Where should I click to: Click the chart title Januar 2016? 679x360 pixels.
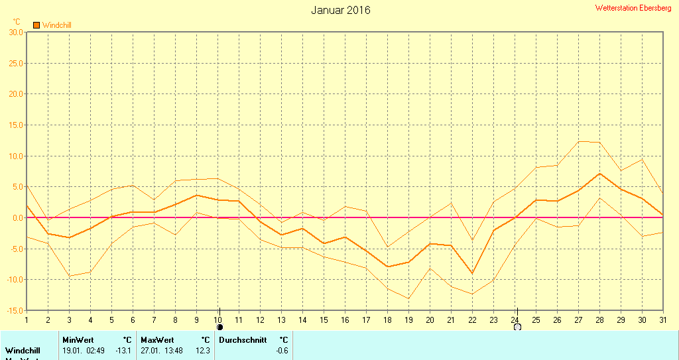coord(341,10)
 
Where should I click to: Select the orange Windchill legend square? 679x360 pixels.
coord(36,25)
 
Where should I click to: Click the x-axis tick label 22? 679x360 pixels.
coord(472,320)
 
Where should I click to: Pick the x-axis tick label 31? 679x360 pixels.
coord(663,320)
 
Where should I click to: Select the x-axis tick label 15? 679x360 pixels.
coord(324,320)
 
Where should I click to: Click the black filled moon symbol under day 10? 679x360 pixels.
coord(219,326)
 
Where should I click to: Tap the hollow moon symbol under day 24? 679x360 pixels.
coord(517,326)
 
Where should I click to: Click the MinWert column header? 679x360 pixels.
coord(78,340)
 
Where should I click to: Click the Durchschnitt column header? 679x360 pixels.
coord(243,340)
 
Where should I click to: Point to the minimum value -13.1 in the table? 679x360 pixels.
coord(123,350)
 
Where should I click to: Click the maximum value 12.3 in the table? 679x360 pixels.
coord(202,350)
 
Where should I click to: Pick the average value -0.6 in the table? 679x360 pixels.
coord(282,350)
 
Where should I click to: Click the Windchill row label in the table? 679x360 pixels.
coord(23,350)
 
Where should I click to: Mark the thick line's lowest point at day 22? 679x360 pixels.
coord(472,273)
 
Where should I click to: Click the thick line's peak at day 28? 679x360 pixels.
coord(599,174)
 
